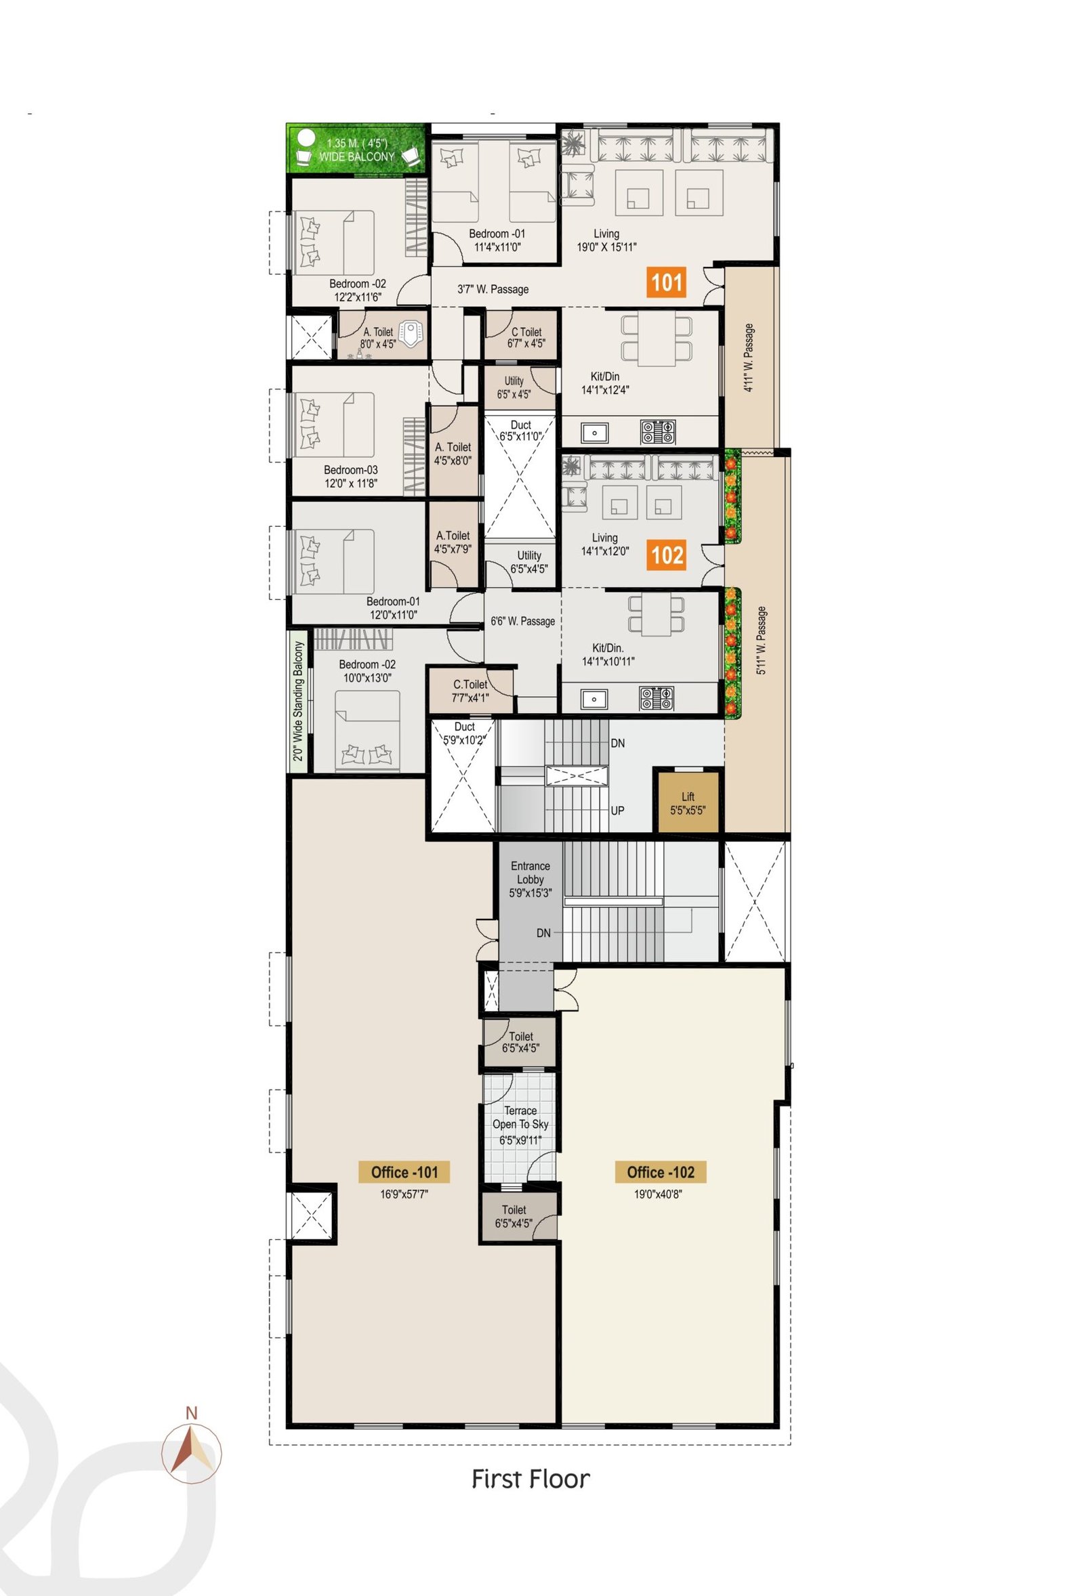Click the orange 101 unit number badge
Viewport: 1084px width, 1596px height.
tap(666, 282)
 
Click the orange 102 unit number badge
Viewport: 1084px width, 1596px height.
tap(667, 555)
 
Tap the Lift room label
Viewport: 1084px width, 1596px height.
tap(688, 803)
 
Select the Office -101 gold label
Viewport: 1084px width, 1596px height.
tap(404, 1172)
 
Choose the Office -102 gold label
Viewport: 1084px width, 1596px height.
tap(660, 1172)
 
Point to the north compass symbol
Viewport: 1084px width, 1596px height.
tap(192, 1453)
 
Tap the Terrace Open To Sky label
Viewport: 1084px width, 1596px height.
tap(520, 1125)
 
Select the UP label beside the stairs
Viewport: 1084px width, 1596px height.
tap(617, 811)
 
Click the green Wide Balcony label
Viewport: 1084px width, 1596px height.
tap(356, 150)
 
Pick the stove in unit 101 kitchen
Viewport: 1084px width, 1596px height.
tap(658, 432)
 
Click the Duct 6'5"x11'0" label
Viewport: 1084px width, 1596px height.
tap(520, 431)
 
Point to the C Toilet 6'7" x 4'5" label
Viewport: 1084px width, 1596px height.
tap(526, 337)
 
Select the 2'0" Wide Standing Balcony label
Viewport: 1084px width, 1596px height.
tap(298, 701)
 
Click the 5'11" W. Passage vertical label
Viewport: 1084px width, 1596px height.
tap(761, 641)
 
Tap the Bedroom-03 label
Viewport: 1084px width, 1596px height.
tap(350, 476)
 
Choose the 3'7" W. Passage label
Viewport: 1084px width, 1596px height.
tap(493, 289)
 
